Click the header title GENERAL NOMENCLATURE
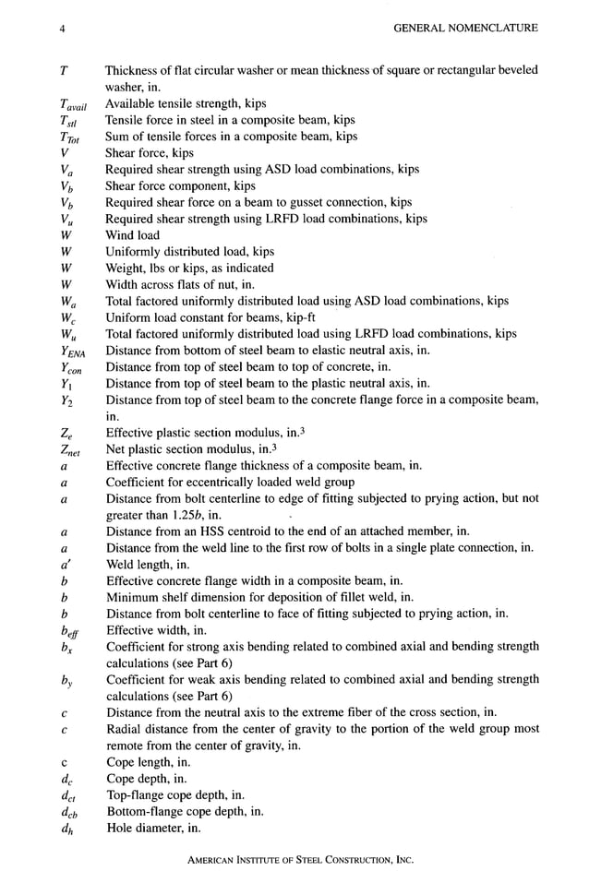click(x=465, y=29)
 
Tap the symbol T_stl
click(x=67, y=121)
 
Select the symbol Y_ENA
click(x=72, y=351)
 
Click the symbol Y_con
click(x=70, y=367)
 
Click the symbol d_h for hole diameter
click(x=66, y=828)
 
